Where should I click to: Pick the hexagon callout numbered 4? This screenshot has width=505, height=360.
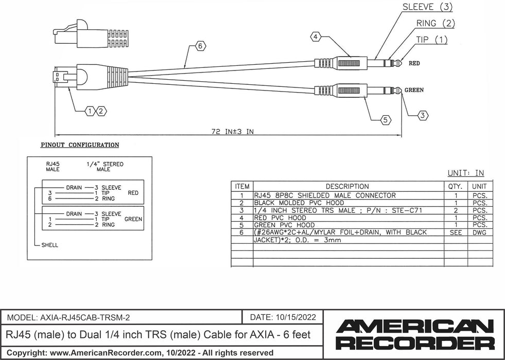pos(316,37)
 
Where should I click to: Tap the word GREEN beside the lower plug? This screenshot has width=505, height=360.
pos(414,89)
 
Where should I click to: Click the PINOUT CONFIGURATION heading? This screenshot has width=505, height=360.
pos(80,145)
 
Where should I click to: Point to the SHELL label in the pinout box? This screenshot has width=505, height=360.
pos(49,245)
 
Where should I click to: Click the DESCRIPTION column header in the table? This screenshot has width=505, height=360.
pos(347,186)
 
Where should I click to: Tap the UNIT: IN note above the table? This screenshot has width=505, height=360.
pos(465,173)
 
